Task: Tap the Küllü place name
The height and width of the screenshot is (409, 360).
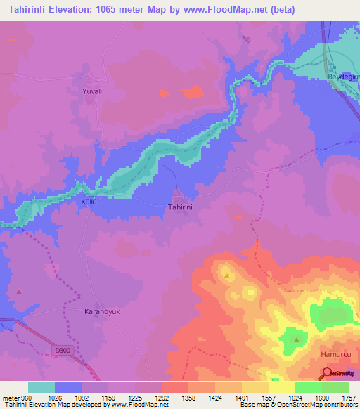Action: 88,202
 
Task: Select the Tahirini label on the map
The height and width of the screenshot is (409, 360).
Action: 179,208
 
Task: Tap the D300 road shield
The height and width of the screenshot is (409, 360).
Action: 62,349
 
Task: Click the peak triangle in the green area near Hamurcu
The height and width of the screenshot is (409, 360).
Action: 297,340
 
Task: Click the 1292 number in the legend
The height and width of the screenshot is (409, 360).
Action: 161,397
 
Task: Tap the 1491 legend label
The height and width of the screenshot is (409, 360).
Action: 241,397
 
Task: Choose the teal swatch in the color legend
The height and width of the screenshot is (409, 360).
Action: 41,387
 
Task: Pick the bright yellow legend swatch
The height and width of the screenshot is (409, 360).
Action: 282,387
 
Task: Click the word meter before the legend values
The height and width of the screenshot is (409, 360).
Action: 9,397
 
